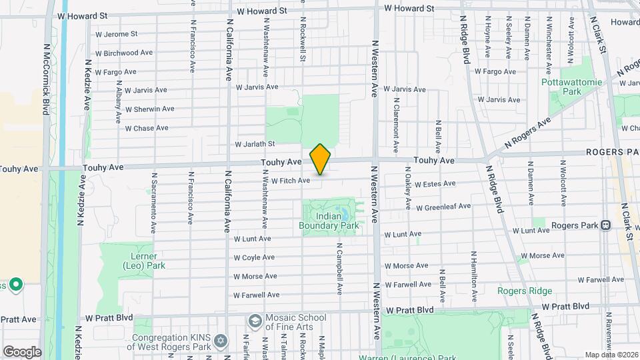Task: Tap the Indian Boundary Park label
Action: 329,221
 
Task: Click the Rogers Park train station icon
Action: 606,225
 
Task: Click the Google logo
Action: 22,351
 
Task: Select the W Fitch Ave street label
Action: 291,181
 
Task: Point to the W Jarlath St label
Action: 255,144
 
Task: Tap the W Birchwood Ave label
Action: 125,53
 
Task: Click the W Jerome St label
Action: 117,33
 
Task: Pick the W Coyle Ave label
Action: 254,257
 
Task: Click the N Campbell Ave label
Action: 339,269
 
